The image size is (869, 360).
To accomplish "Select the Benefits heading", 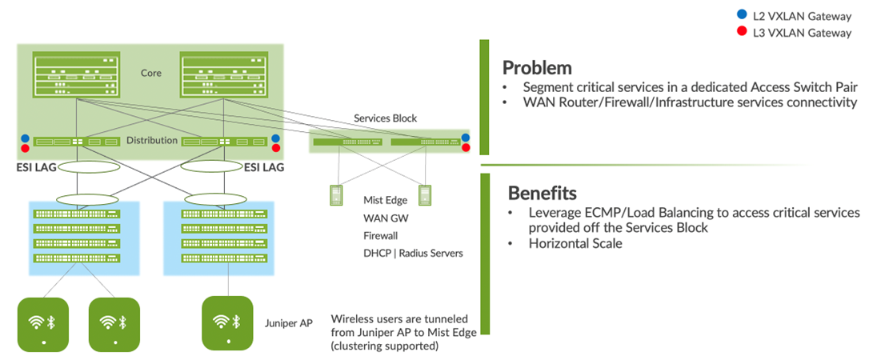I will [x=543, y=193].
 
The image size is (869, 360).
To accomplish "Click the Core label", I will [x=150, y=73].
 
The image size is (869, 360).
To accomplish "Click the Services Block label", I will [x=385, y=118].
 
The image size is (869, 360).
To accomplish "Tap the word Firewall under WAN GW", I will [x=380, y=236].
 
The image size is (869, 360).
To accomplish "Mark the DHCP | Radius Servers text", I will [x=413, y=253].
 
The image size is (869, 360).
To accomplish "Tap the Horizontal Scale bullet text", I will [x=575, y=244].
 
